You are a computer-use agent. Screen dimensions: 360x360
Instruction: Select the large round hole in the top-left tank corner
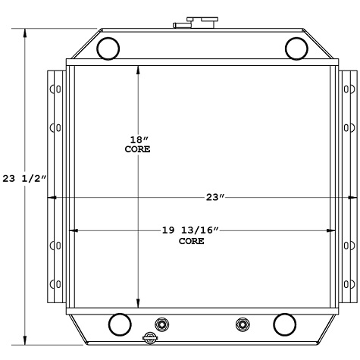tap(109, 48)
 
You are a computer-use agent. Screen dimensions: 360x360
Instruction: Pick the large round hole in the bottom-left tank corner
tap(119, 324)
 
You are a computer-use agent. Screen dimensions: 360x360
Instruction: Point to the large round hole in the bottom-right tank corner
tap(284, 324)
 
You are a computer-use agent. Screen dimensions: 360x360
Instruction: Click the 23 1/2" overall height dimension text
tap(24, 179)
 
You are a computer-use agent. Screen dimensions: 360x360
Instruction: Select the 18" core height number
tap(137, 139)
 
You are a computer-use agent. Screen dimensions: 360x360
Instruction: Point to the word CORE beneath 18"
tap(137, 149)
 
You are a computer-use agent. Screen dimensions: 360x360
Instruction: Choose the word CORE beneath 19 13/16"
tap(191, 241)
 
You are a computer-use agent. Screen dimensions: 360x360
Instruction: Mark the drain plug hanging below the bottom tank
tap(150, 338)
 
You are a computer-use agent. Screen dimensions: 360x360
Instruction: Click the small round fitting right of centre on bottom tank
tap(242, 324)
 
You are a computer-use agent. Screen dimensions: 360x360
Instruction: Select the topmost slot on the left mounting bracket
tap(53, 89)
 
